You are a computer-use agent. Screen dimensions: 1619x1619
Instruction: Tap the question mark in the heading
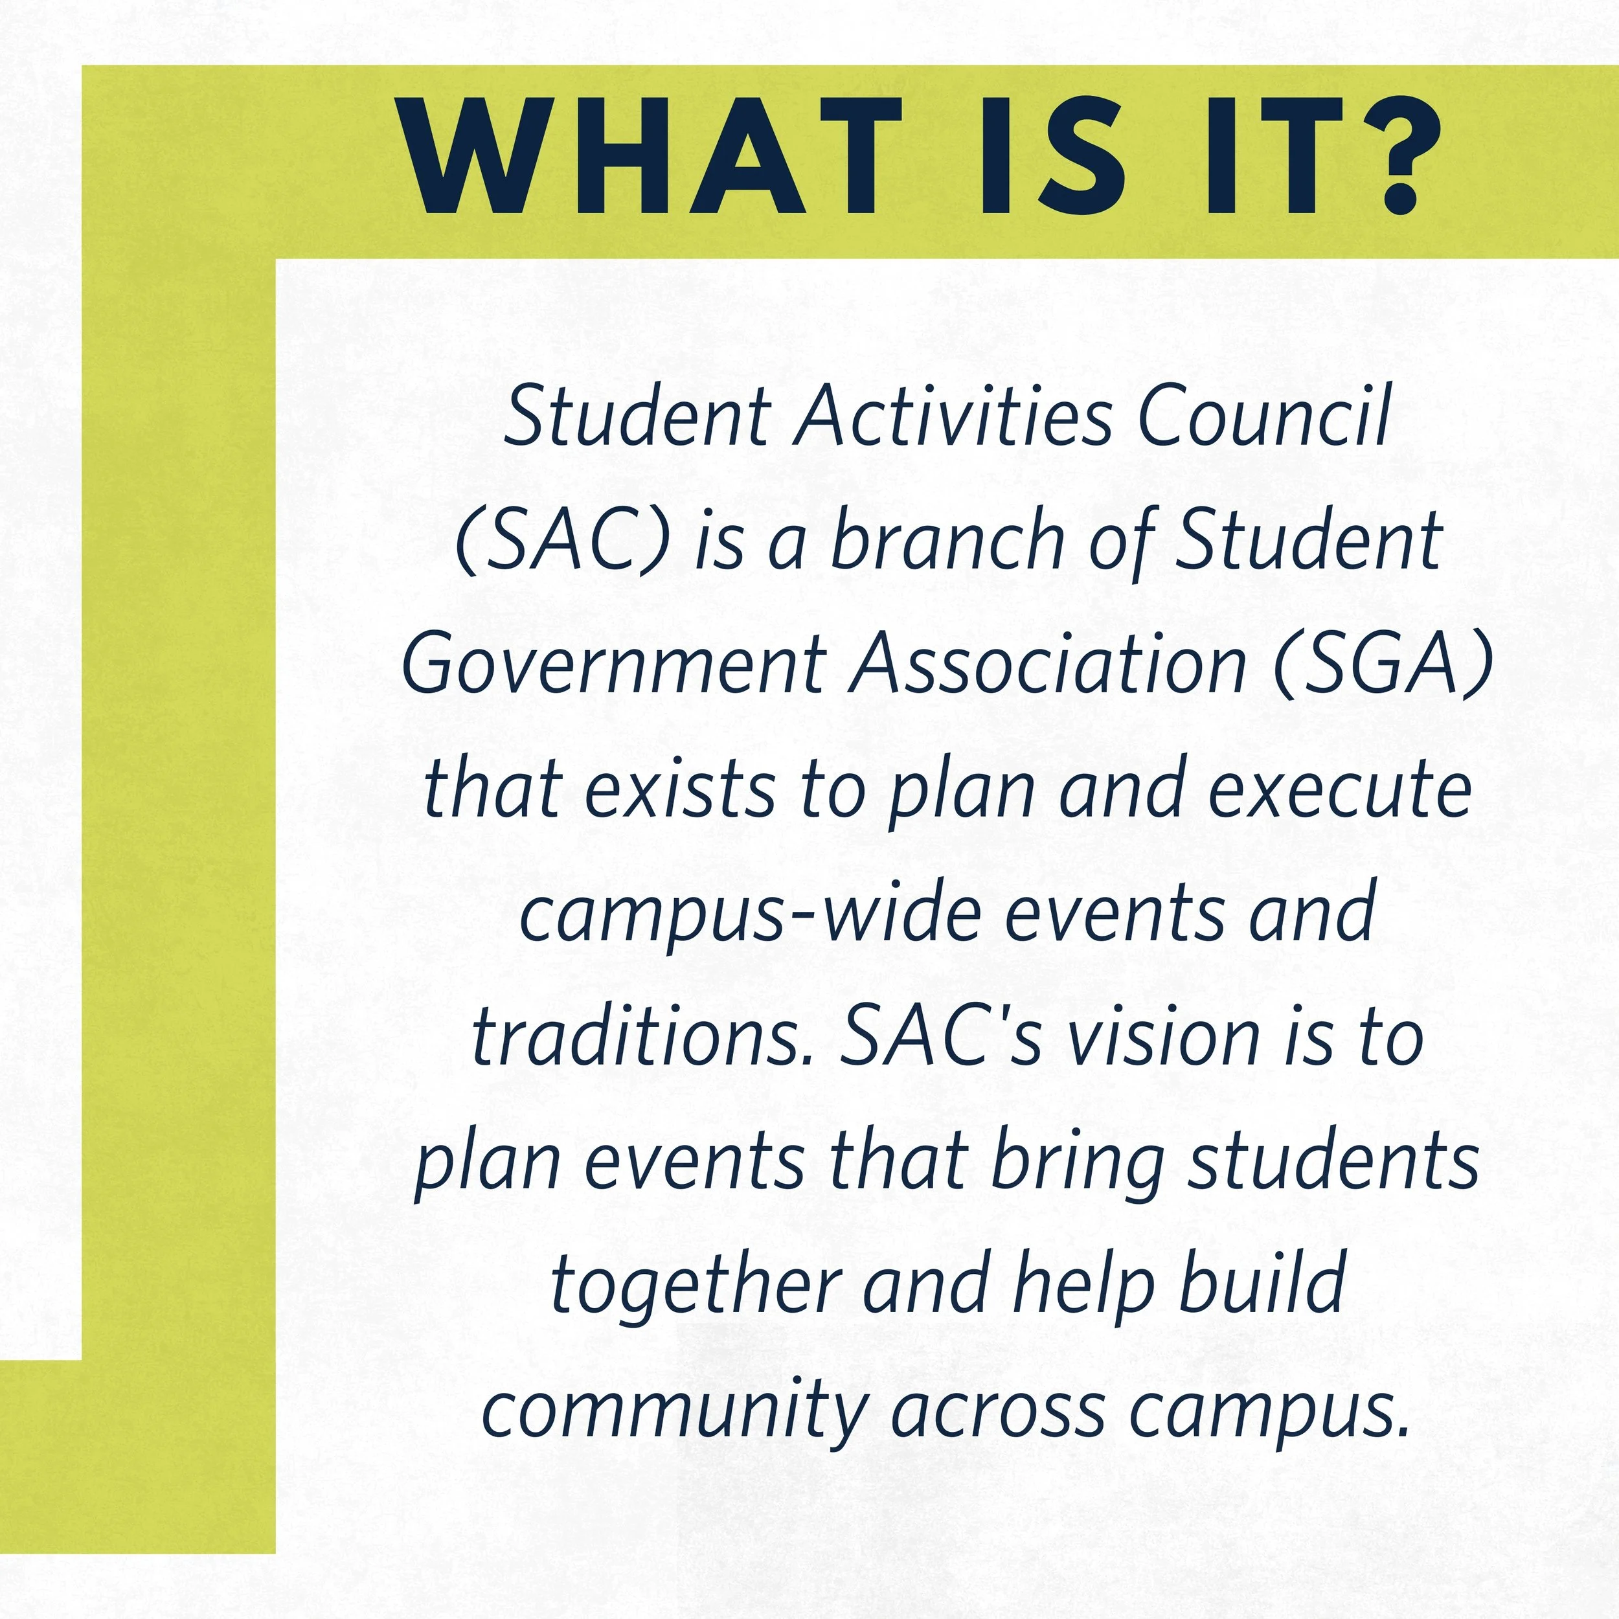(1398, 156)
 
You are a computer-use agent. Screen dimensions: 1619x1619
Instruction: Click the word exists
(679, 789)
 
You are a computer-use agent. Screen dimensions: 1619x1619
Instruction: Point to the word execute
(1340, 789)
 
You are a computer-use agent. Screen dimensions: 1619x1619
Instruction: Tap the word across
(998, 1411)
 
